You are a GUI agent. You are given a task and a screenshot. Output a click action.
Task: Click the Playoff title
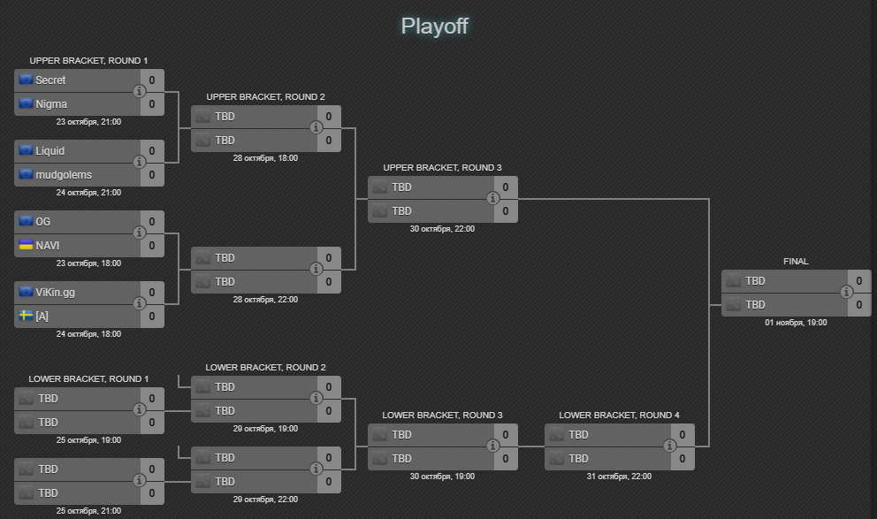point(434,26)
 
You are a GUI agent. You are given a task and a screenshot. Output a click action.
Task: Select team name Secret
point(50,80)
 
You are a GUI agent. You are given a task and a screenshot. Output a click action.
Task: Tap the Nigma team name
point(51,104)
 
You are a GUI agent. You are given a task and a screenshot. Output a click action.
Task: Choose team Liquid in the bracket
point(50,151)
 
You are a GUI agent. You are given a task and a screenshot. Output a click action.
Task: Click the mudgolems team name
point(64,175)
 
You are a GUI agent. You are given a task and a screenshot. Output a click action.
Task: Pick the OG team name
point(43,221)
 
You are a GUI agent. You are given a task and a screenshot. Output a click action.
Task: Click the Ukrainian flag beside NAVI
point(26,245)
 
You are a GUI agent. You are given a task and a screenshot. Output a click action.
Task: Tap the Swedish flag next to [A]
point(26,316)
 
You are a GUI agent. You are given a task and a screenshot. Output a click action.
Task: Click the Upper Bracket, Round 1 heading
point(88,60)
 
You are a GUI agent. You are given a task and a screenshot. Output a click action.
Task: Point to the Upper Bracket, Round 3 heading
point(442,167)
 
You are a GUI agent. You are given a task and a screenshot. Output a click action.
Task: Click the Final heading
point(796,261)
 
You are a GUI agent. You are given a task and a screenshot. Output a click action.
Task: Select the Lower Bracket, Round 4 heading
point(619,415)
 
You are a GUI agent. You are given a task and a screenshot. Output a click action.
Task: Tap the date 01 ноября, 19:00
point(796,323)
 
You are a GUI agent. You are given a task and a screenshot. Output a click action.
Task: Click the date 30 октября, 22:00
point(442,228)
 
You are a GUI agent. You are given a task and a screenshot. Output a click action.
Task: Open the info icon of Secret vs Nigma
point(139,92)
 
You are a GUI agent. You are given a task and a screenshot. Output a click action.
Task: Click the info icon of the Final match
point(846,293)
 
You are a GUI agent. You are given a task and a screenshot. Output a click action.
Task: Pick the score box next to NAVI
point(151,246)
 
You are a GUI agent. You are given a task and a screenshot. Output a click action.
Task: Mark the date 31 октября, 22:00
point(619,477)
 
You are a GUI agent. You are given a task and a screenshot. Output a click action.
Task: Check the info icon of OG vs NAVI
point(139,233)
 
